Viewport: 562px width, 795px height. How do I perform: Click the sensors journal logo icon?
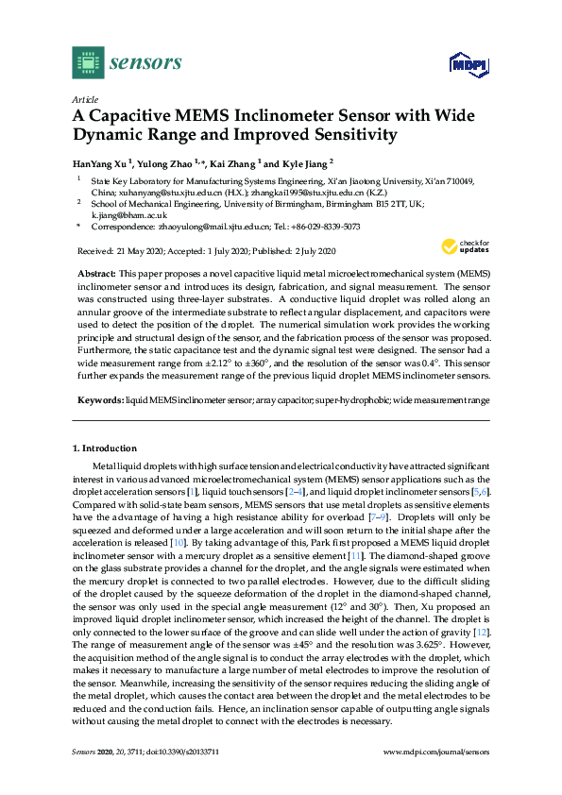coord(88,63)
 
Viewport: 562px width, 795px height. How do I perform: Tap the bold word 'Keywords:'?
coord(98,399)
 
